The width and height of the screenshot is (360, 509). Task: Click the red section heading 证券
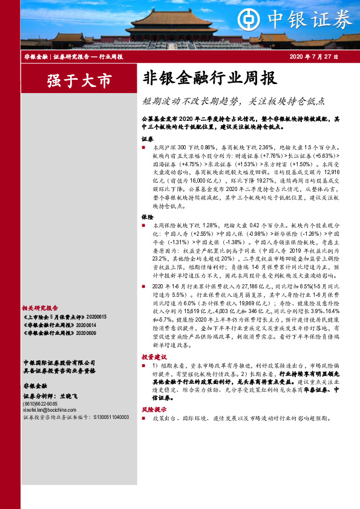(147, 138)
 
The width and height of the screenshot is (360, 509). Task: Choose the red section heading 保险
(147, 216)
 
